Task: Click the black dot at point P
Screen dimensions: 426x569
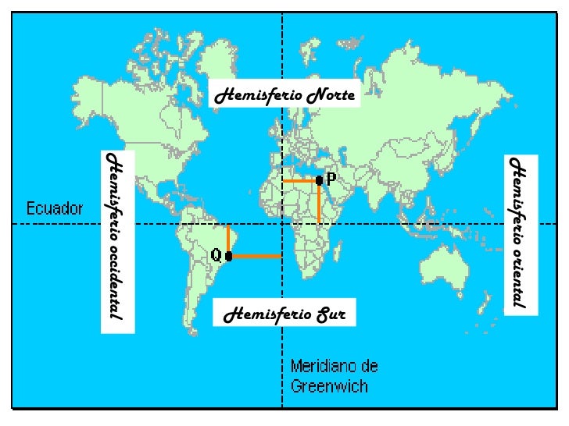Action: pos(319,180)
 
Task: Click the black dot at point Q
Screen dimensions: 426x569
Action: pos(228,256)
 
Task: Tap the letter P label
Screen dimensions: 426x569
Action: pos(331,179)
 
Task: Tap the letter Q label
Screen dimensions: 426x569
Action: pos(217,255)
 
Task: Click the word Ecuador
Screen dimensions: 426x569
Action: pos(55,208)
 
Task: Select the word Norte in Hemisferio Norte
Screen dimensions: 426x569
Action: pos(331,96)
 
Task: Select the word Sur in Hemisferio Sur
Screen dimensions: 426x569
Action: pos(331,315)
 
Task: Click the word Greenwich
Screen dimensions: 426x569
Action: pos(329,385)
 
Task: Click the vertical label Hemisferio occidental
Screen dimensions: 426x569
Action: pos(116,236)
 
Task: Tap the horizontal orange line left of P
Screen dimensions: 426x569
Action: pos(299,181)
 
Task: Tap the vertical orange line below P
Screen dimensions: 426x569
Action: pos(319,203)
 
